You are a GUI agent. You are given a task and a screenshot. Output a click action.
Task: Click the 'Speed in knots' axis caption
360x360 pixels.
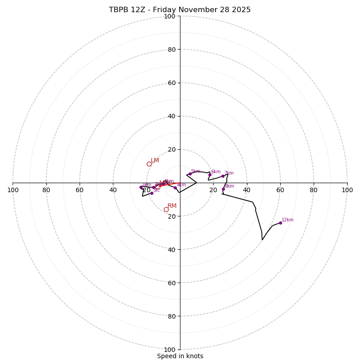(180, 356)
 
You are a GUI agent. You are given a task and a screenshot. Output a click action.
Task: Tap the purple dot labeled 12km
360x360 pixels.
(280, 223)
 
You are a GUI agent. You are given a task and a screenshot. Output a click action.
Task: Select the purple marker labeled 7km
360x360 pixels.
(223, 176)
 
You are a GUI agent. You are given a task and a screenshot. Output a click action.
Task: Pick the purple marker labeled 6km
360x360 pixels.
(210, 175)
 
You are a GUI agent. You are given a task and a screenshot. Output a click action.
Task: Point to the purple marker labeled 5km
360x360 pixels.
(190, 174)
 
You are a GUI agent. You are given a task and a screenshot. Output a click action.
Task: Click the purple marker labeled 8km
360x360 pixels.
(223, 189)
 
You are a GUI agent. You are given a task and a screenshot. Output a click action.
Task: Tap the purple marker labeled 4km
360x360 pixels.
(175, 188)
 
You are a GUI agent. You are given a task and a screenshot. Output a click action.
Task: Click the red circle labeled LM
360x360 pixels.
(149, 164)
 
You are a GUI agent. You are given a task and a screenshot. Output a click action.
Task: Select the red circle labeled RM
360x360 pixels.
(166, 209)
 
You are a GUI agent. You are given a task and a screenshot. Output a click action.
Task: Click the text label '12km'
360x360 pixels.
(288, 220)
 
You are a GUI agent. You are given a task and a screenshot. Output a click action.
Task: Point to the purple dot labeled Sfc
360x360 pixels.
(152, 193)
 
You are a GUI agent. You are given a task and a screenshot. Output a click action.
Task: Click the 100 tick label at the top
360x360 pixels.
(169, 16)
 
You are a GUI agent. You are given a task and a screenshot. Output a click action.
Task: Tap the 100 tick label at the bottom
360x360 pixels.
(169, 350)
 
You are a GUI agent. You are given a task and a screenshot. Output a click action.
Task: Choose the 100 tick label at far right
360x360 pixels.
(347, 190)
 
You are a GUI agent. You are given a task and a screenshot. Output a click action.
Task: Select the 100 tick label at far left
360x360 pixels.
(13, 190)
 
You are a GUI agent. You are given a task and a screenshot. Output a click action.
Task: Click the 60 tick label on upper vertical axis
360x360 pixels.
(171, 83)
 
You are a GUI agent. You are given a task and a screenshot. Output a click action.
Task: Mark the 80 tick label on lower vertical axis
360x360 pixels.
(171, 316)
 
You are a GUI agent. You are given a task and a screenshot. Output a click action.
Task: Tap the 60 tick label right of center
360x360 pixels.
(280, 190)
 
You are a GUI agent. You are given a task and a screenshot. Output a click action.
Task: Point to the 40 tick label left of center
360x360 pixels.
(113, 190)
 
